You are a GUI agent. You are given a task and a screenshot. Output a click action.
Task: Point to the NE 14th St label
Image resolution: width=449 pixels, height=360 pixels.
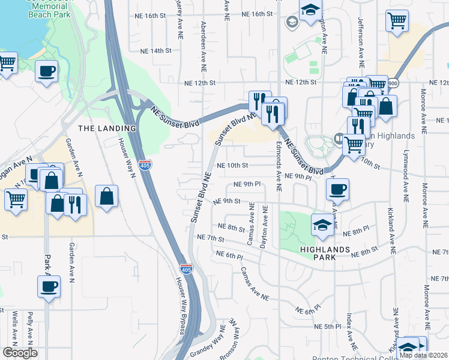(x=154, y=51)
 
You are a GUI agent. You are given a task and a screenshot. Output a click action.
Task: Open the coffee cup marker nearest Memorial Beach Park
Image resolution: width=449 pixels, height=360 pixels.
(x=46, y=71)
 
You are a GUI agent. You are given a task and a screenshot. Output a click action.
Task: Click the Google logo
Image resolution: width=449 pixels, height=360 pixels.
(x=19, y=353)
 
